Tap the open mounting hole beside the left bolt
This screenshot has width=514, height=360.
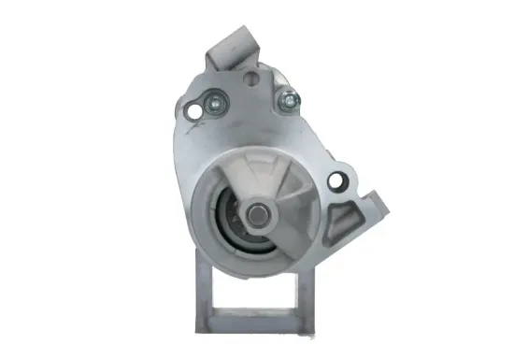195,112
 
